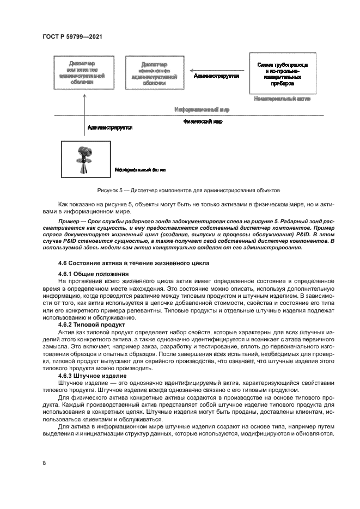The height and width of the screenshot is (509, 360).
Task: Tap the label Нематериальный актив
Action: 282,99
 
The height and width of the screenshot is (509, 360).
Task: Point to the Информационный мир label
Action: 202,109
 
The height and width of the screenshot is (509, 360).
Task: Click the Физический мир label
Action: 203,122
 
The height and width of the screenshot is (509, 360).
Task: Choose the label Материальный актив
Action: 140,170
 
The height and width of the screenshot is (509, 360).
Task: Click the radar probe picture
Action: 86,159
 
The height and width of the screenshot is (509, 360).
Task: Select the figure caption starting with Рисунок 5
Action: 188,191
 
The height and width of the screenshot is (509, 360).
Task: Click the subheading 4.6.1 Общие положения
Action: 93,273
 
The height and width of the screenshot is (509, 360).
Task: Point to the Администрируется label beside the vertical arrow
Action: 110,127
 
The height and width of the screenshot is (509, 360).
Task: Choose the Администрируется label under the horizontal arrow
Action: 216,76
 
